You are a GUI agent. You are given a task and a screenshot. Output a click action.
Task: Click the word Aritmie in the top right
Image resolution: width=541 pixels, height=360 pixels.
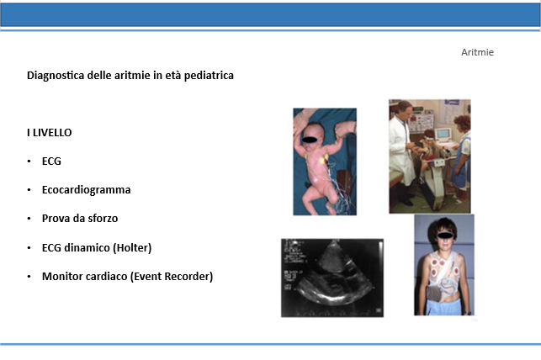477,52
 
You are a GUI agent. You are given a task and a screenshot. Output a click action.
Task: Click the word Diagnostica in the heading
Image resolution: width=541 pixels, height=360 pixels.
56,75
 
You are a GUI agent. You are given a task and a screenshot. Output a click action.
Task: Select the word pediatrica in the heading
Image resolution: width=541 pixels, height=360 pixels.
209,75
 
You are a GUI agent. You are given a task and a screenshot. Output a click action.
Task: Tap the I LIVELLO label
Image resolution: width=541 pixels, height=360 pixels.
50,132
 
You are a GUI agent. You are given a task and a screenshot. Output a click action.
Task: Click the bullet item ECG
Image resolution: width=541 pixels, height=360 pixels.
51,161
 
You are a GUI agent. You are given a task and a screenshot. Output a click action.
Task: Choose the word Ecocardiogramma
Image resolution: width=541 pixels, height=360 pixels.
87,190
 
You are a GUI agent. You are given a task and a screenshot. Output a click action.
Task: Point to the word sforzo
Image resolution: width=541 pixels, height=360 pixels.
103,219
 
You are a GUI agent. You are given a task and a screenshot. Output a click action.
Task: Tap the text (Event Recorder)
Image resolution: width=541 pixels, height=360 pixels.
172,277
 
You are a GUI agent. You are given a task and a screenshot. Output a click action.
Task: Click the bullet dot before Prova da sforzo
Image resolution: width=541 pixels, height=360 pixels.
29,219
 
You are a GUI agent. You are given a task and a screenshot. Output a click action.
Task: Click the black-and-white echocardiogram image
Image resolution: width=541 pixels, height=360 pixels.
332,278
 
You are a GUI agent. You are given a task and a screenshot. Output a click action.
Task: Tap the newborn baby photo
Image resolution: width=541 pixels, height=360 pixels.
325,161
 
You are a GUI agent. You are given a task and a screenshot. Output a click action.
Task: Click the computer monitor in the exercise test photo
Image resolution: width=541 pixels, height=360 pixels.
443,134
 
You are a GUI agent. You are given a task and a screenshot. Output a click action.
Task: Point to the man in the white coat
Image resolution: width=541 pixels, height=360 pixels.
402,151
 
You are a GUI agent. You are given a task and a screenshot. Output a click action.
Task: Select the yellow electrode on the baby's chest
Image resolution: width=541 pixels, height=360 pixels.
324,159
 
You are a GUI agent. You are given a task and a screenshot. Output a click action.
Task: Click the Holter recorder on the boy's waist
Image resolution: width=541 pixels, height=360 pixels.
434,293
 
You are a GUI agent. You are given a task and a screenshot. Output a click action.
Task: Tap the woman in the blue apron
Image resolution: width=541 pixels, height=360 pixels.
461,157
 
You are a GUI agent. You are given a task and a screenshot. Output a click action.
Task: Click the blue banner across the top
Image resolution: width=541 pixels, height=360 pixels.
271,15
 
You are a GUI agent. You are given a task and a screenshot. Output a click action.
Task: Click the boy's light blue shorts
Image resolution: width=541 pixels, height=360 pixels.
443,307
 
